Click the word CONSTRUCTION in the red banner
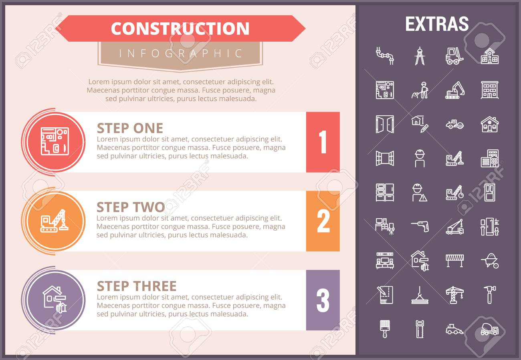(180, 28)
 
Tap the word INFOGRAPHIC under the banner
(180, 53)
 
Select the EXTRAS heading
(437, 24)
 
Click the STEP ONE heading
(130, 128)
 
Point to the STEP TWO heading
(131, 207)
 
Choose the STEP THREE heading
(137, 286)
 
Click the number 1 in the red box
(323, 142)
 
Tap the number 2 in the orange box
(323, 221)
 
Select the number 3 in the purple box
(323, 300)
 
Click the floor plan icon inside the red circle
(55, 141)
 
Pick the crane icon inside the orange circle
(55, 220)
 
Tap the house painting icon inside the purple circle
(55, 300)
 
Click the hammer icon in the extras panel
(490, 295)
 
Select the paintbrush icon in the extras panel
(385, 329)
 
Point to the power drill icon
(420, 226)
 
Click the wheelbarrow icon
(490, 261)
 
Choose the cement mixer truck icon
(490, 329)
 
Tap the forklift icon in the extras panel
(454, 56)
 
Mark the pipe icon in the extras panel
(385, 56)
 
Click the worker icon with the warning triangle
(420, 193)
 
